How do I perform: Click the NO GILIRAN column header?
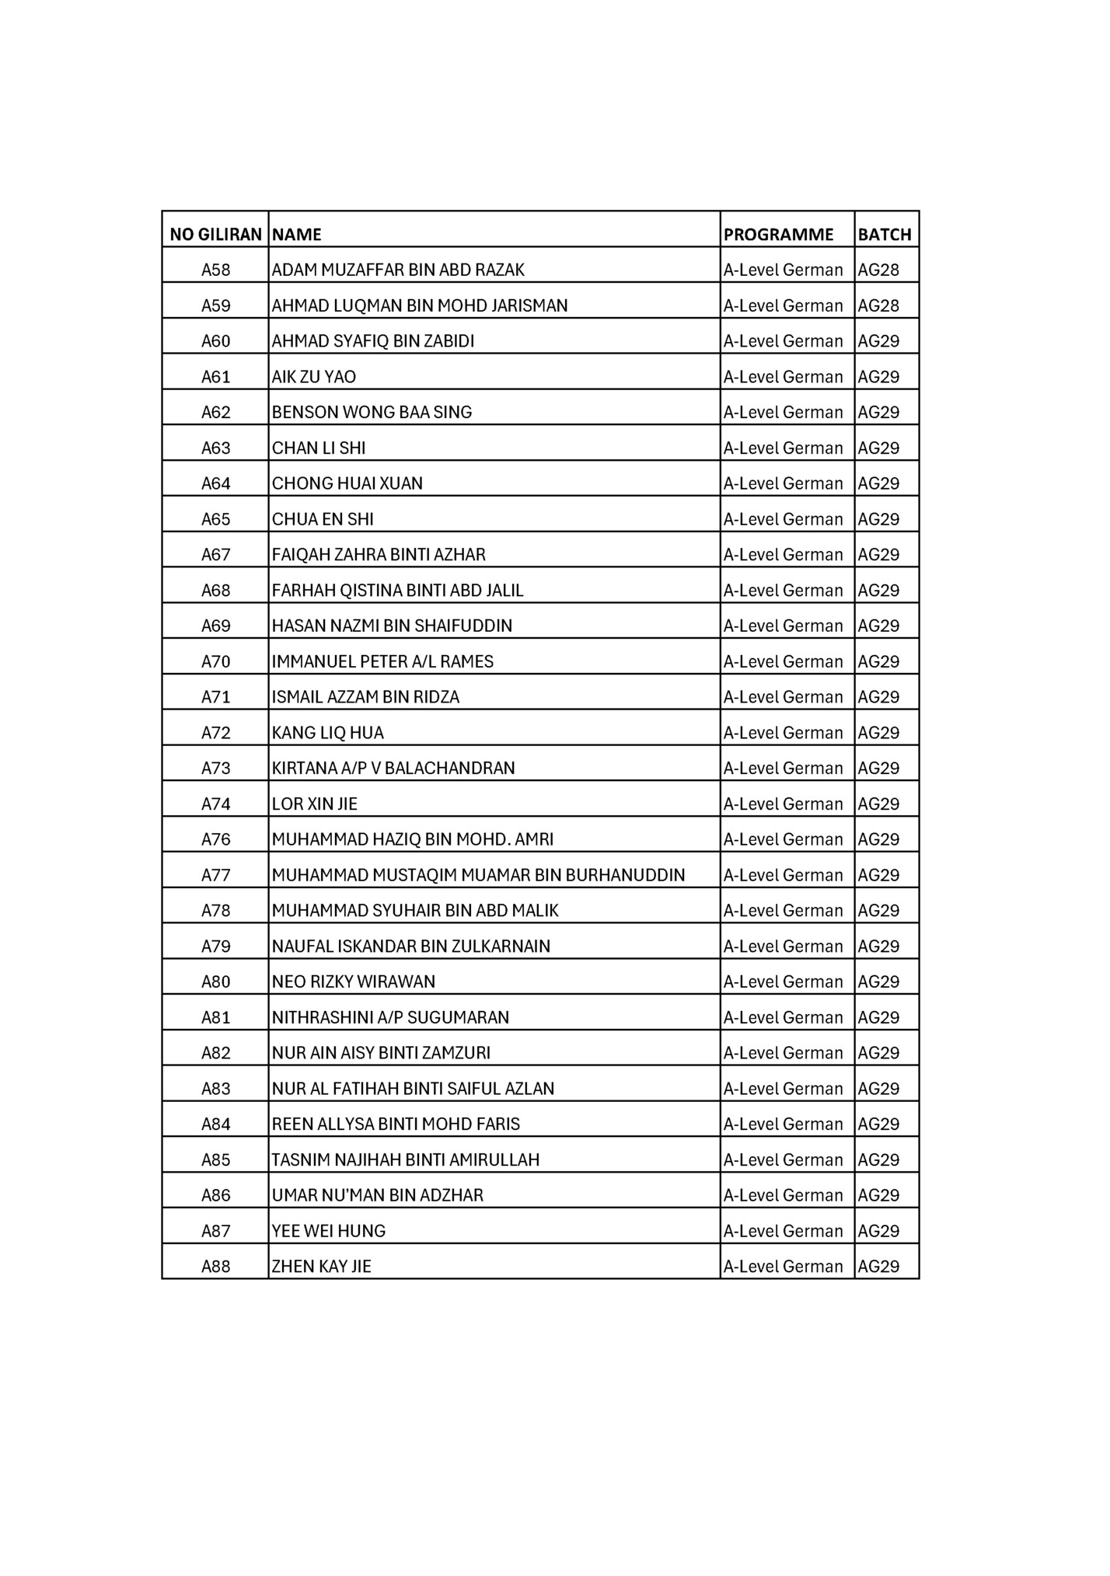tap(215, 234)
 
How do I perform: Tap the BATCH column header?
tap(885, 234)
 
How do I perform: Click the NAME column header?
tap(297, 234)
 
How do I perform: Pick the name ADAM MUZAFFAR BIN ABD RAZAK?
tap(398, 270)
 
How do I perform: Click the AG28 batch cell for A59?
tap(878, 305)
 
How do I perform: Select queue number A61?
tap(216, 377)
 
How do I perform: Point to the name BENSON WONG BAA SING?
tap(372, 412)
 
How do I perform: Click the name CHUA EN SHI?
tap(323, 519)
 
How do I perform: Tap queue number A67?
tap(216, 555)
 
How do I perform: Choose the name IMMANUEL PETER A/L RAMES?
tap(382, 661)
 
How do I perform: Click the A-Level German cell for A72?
tap(783, 733)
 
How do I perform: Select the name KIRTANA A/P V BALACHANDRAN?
tap(393, 768)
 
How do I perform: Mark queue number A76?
tap(216, 839)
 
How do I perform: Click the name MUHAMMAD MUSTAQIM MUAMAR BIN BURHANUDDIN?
tap(478, 875)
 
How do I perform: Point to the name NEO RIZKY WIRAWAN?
tap(354, 982)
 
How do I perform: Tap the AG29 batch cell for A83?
tap(878, 1089)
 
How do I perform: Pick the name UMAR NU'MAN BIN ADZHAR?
tap(378, 1195)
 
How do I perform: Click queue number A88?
tap(216, 1267)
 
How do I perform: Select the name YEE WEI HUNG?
tap(329, 1231)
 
